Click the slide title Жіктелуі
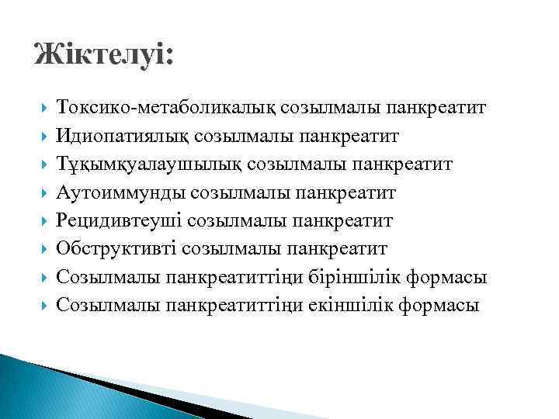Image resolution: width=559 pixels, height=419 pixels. (105, 56)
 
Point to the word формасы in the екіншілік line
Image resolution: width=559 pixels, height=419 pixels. (439, 305)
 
